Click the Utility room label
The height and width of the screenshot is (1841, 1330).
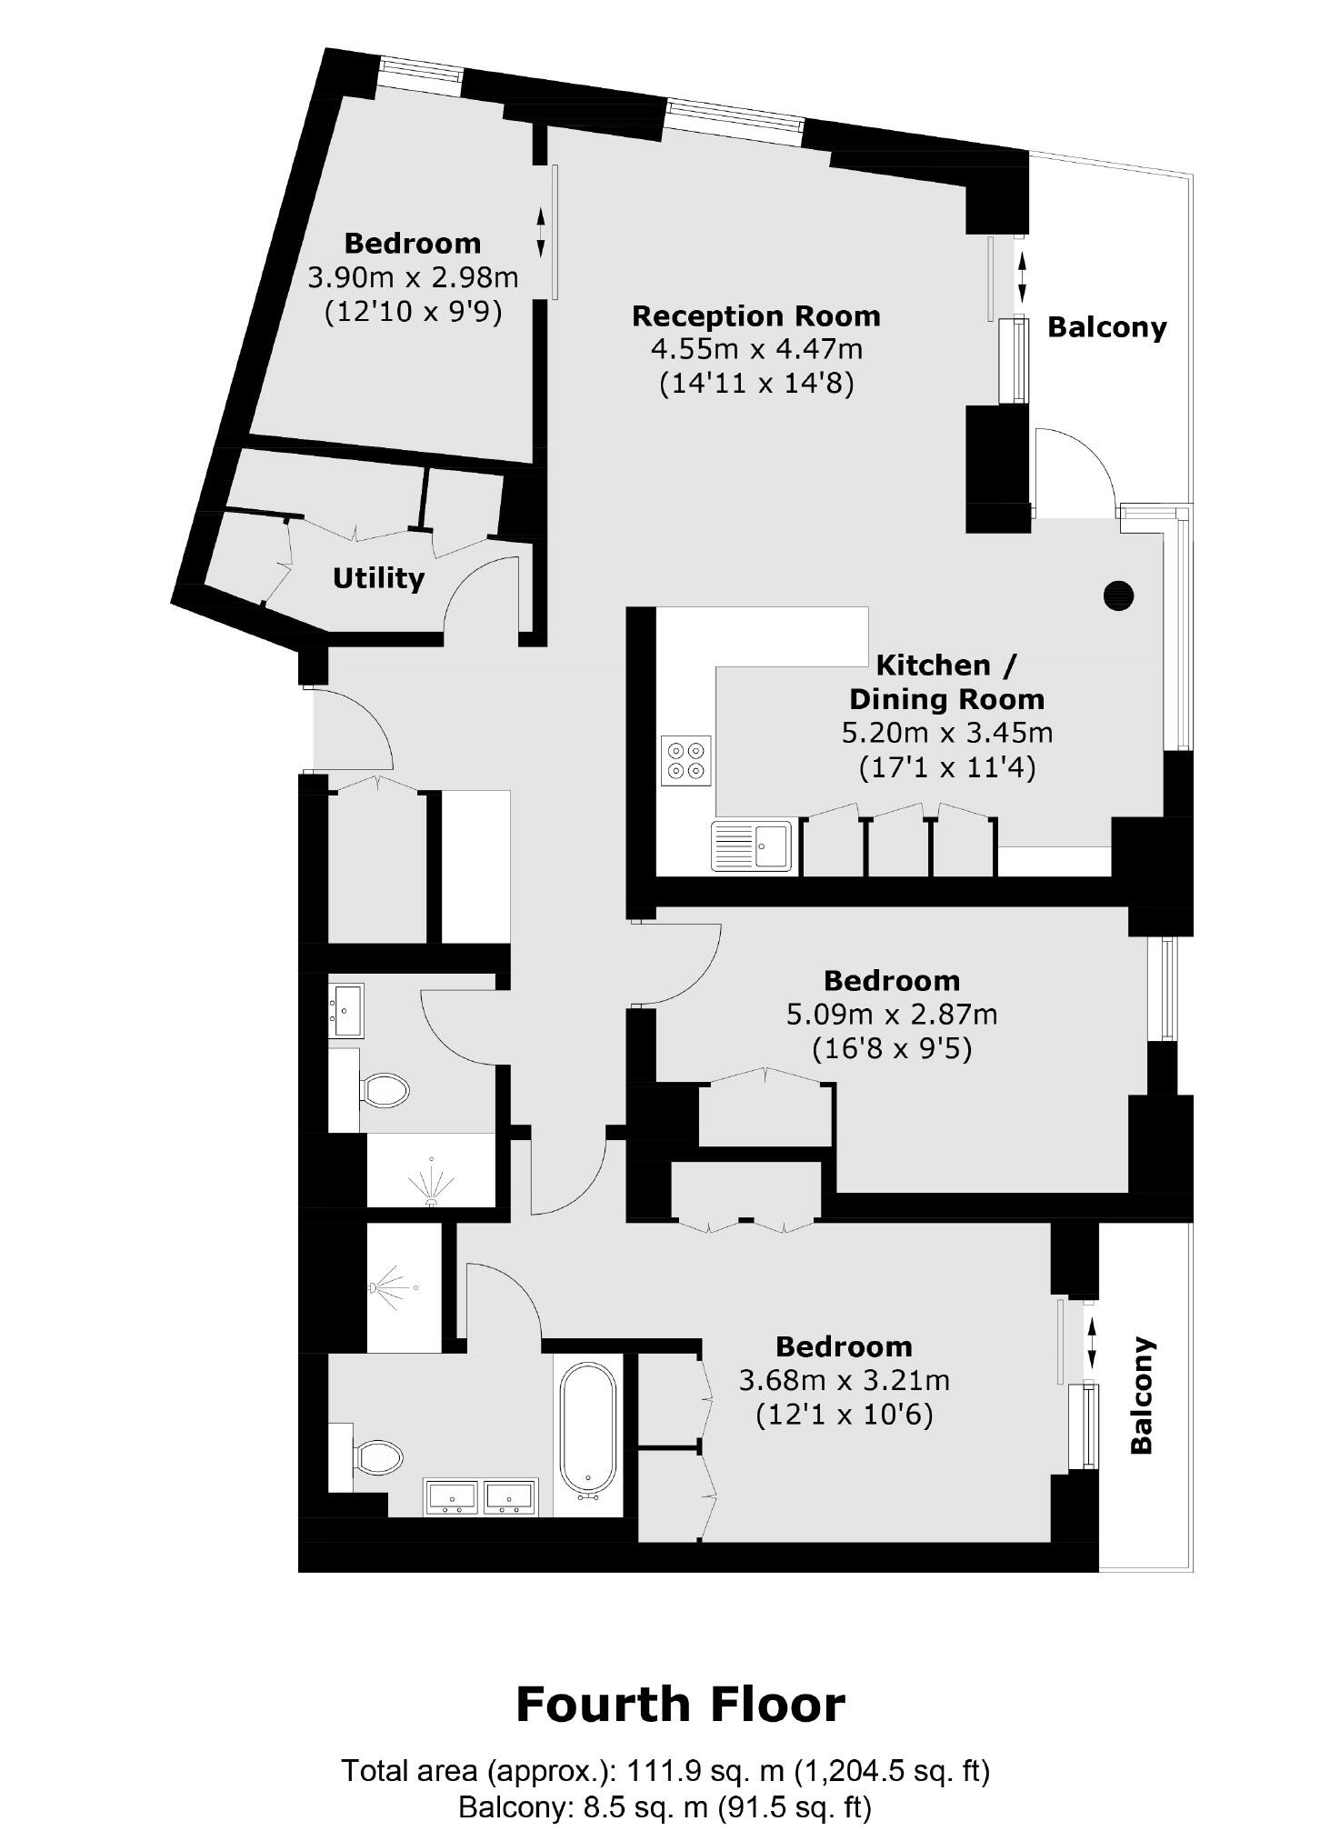coord(378,578)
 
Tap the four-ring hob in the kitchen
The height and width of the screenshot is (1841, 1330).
coord(685,760)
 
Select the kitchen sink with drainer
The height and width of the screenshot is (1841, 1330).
coord(751,845)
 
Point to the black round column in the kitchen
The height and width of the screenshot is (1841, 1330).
coord(1118,595)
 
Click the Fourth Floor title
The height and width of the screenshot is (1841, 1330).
coord(680,1705)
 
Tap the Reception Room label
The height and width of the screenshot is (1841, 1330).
coord(755,316)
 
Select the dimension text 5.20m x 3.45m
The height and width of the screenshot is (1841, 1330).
coord(947,733)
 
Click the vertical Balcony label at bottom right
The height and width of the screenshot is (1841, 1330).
coord(1141,1396)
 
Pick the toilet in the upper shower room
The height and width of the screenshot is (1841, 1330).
coord(385,1089)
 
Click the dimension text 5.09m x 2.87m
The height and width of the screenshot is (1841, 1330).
coord(891,1014)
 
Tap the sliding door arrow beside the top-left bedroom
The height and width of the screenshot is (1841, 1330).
coord(541,233)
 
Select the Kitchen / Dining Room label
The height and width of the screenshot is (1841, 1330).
coord(946,682)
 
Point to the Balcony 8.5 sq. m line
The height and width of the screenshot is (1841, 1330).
coord(664,1807)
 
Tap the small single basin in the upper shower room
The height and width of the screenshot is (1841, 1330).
coord(347,1010)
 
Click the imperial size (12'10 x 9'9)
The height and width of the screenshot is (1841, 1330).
coord(413,312)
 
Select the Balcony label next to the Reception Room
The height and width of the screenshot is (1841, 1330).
coord(1106,327)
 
